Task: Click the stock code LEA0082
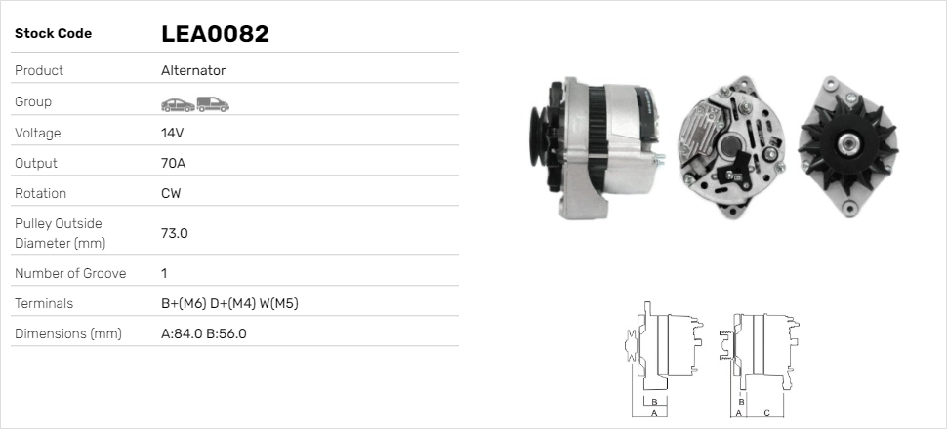(x=215, y=34)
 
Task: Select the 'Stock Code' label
(x=53, y=34)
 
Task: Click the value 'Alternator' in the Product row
(x=193, y=70)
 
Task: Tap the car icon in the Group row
(x=176, y=102)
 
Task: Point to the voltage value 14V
(x=172, y=133)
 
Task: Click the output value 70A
(x=172, y=163)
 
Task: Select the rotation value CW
(x=171, y=193)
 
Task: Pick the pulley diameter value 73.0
(x=174, y=233)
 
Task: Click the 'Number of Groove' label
(x=70, y=273)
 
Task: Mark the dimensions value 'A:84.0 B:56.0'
(x=203, y=333)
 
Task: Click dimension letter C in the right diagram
(x=766, y=413)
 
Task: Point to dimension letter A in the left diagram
(x=653, y=413)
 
